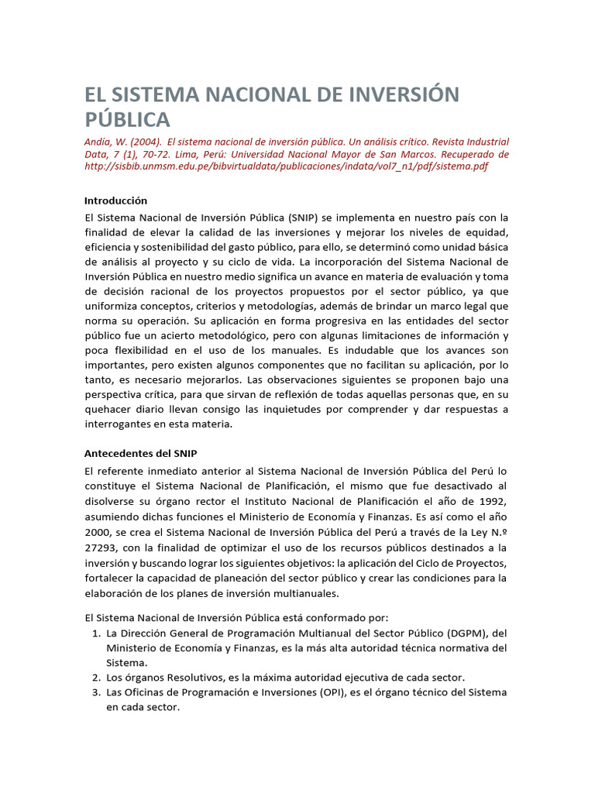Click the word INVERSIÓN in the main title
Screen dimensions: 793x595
click(393, 94)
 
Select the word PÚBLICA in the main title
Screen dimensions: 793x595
click(126, 120)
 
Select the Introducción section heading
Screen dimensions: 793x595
click(115, 201)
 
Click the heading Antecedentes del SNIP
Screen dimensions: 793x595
click(146, 453)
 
